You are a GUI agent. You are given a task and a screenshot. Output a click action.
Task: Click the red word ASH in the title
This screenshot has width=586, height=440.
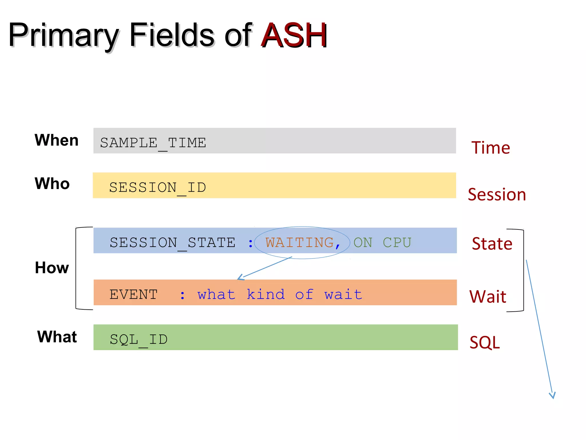click(294, 36)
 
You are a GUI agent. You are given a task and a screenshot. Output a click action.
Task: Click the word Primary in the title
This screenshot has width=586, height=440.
click(64, 36)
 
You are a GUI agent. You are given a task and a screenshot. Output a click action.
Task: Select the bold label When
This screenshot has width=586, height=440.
click(56, 140)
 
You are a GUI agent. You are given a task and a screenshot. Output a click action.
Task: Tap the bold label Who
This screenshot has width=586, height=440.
click(52, 184)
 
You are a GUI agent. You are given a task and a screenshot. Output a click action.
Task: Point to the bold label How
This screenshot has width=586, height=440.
click(52, 268)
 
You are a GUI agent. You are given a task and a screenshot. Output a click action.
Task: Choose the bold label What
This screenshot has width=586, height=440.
click(57, 337)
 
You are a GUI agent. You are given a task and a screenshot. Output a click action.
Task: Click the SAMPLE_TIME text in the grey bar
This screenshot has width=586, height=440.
click(153, 143)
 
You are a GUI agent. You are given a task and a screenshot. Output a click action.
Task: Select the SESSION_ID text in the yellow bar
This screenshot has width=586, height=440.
click(157, 188)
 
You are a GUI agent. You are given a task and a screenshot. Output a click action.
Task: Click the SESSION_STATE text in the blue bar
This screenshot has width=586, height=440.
click(173, 243)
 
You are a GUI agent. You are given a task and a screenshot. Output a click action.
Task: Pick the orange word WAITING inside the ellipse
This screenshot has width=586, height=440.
click(300, 243)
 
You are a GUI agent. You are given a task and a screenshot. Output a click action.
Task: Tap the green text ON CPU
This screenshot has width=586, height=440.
click(382, 243)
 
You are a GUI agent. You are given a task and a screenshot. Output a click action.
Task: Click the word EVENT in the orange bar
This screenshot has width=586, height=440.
click(133, 295)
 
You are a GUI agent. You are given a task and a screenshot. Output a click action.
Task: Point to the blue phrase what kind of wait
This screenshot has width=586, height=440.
click(280, 295)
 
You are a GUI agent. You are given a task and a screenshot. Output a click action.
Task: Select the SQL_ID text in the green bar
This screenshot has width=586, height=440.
click(138, 340)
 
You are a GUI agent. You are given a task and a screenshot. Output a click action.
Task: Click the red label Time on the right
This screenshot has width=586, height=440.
click(490, 148)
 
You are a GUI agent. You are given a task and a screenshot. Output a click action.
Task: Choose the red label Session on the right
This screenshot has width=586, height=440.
click(497, 195)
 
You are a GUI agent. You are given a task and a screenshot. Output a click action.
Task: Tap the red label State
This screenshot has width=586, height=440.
click(492, 244)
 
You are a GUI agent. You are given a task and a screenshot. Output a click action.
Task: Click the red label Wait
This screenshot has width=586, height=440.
click(488, 297)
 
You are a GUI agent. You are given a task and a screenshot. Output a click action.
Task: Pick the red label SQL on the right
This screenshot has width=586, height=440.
click(484, 342)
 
